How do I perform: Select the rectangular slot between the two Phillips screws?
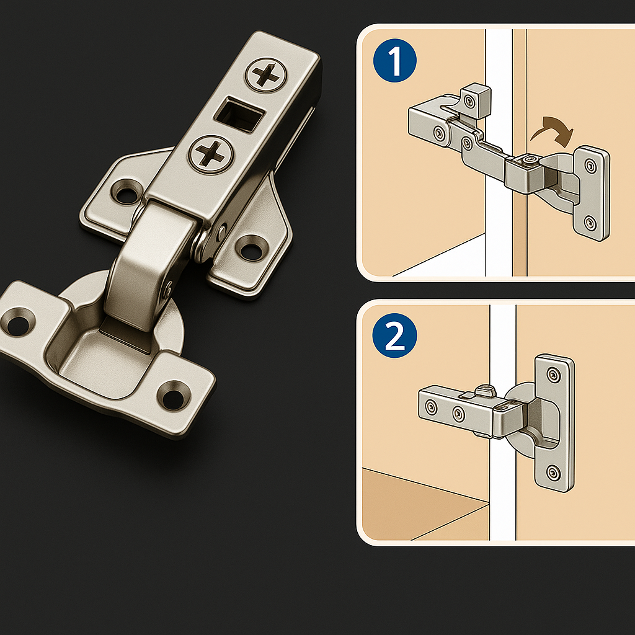click(x=238, y=113)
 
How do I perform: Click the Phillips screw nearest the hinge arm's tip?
click(x=267, y=75)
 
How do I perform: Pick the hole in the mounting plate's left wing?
click(x=127, y=192)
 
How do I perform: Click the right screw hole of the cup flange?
click(x=172, y=394)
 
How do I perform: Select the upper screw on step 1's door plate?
click(x=589, y=166)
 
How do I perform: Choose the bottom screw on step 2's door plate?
click(x=552, y=474)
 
